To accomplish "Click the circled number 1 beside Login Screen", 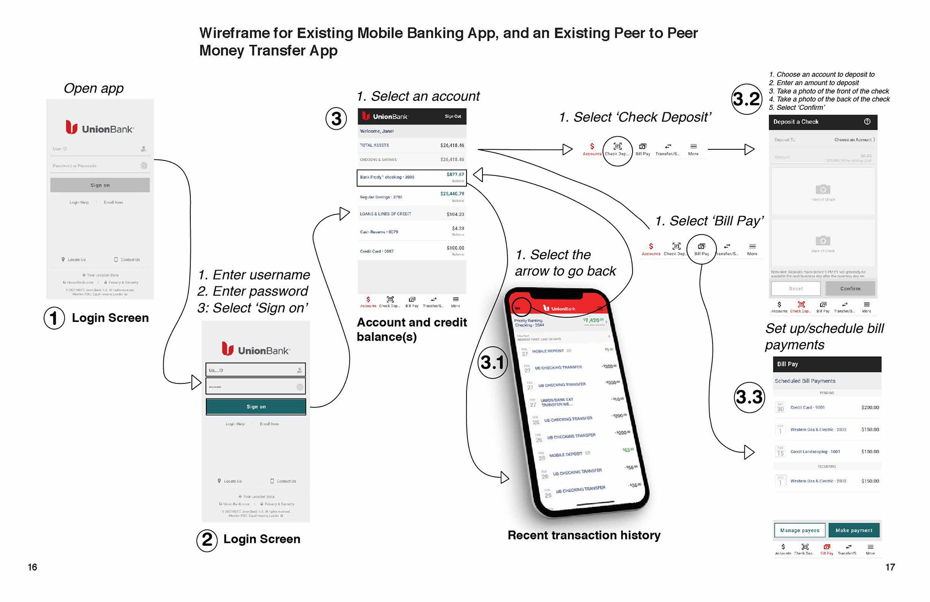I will (54, 318).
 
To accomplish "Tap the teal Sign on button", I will (256, 407).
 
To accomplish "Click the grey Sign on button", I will (100, 185).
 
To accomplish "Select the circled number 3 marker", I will (336, 119).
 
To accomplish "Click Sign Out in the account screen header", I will (453, 116).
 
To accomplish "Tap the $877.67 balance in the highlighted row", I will (455, 174).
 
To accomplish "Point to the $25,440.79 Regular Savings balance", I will (452, 194).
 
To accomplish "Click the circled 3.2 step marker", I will (746, 99).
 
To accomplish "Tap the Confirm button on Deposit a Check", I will (850, 289).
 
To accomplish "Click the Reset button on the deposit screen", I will (796, 289).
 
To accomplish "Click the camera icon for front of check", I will (822, 190).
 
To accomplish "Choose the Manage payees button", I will (800, 530).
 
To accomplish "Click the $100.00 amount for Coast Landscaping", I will (870, 452).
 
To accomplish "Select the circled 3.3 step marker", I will (749, 397).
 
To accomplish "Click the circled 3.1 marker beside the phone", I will (493, 363).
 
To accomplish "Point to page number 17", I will (890, 567).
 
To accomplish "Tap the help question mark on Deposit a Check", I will (867, 122).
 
